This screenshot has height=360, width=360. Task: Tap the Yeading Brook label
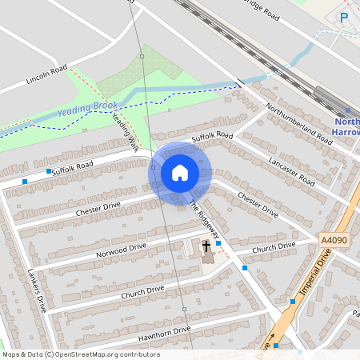(x=88, y=107)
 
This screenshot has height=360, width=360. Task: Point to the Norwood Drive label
(x=122, y=251)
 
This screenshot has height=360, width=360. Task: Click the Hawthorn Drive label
(x=164, y=330)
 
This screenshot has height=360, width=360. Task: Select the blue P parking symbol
(x=344, y=17)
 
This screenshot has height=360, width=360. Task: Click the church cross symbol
(x=206, y=246)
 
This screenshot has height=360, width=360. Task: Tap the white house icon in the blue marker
(x=180, y=173)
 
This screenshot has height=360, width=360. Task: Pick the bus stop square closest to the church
(x=218, y=242)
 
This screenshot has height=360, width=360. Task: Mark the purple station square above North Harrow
(x=348, y=111)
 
